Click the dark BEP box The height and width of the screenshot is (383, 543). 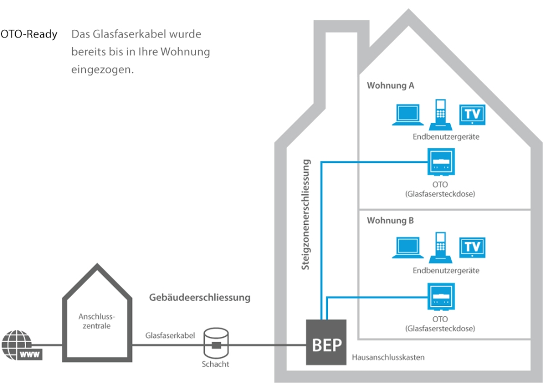326,343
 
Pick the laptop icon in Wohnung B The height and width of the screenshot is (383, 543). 406,249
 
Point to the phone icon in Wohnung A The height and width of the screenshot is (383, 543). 441,112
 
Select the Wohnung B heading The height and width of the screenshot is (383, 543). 390,221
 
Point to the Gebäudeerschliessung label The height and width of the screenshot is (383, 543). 199,298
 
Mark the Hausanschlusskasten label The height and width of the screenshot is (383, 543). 388,357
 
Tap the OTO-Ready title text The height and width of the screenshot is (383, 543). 29,34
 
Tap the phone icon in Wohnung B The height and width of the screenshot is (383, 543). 441,246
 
